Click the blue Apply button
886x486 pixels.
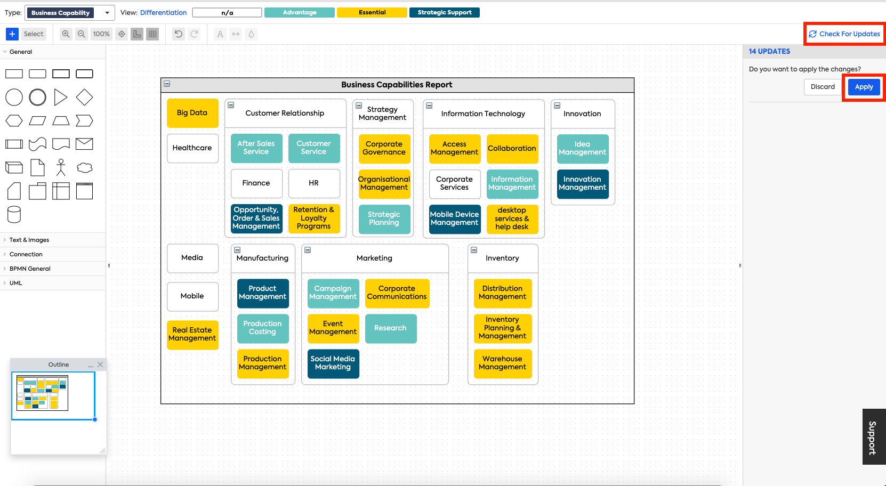pos(864,87)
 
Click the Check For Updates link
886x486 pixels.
pos(844,34)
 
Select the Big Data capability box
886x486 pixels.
pos(192,113)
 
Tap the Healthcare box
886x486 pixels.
pos(192,148)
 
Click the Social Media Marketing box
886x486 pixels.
pos(333,363)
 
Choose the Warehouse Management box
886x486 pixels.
pos(502,363)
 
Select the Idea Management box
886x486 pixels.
pos(582,148)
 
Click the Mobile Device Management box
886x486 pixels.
pos(455,218)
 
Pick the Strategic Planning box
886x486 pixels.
pos(384,218)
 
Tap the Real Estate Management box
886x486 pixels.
pos(192,335)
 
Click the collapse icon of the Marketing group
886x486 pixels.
pos(308,250)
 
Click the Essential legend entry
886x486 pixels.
pos(372,13)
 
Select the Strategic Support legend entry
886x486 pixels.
pos(445,13)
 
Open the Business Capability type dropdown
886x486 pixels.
pos(70,13)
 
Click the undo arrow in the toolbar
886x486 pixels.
pos(179,34)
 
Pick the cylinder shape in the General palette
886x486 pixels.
pos(14,215)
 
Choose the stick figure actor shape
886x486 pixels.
pos(61,167)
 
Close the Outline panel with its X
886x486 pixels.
pos(100,365)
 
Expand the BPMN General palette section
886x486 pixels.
pos(30,269)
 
